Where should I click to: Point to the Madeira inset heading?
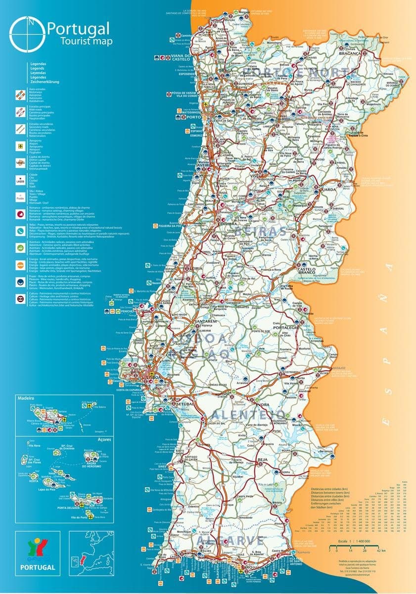point(25,398)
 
